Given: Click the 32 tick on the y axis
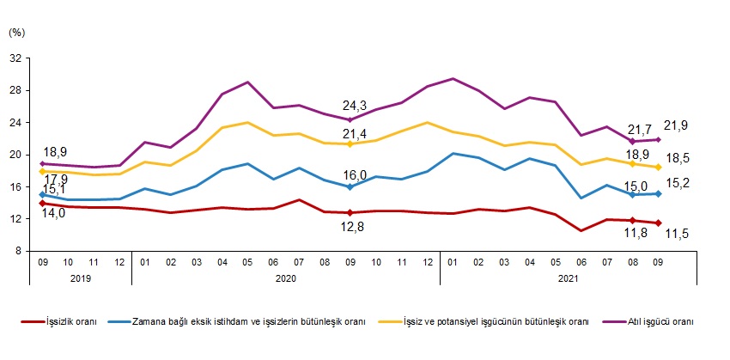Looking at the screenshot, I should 15,58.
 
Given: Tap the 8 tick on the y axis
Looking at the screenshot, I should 18,252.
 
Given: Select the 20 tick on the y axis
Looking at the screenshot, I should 15,156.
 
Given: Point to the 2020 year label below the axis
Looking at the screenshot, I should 285,278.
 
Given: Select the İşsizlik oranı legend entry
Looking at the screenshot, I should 73,321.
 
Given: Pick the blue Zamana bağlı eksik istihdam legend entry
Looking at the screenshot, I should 249,321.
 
